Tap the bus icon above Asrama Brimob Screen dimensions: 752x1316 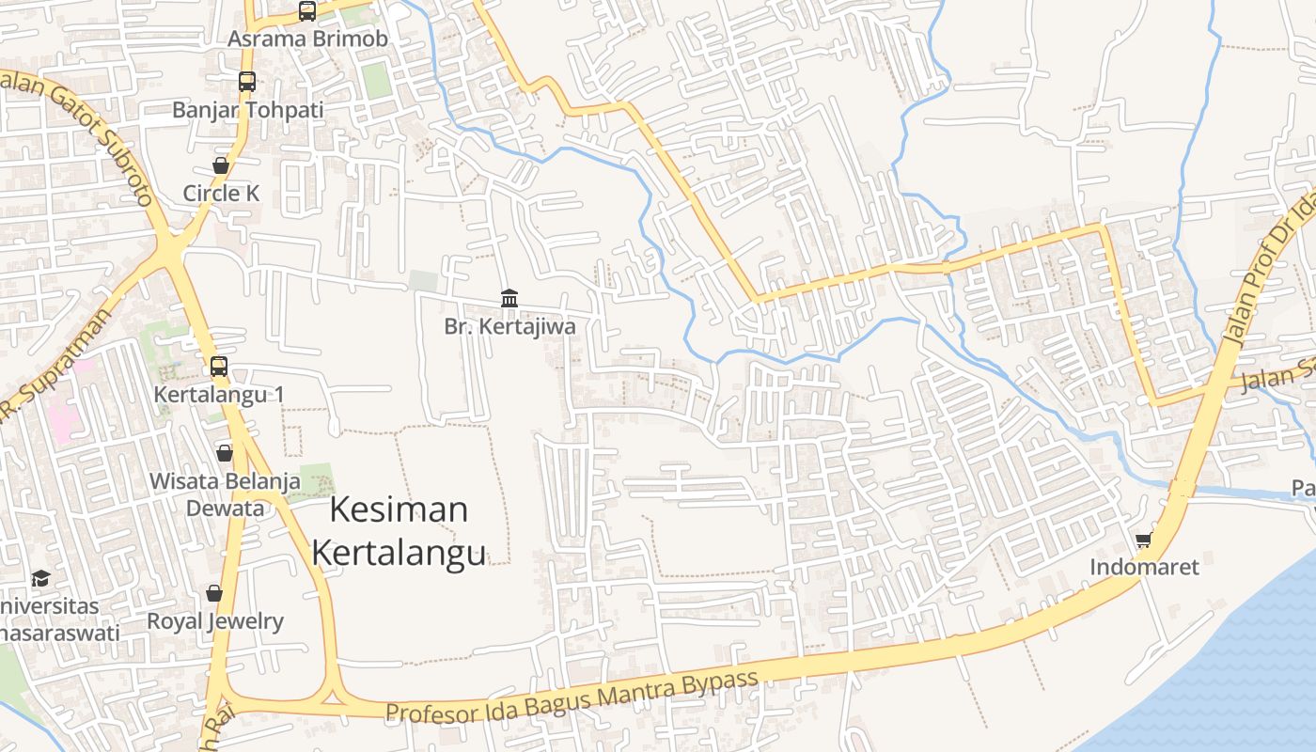pos(307,11)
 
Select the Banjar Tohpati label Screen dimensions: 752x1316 pos(247,110)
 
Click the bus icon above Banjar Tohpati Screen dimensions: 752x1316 pos(247,82)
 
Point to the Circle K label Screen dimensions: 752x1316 pos(221,194)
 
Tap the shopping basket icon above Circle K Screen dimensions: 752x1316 pos(221,165)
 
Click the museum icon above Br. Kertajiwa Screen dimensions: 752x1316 pos(509,299)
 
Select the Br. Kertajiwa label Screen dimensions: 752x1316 pos(509,327)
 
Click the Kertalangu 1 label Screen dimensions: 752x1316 pos(219,395)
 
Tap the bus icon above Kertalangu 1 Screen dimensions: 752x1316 pos(219,367)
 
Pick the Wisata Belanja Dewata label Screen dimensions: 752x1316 pos(226,494)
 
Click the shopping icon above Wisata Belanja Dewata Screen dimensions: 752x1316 pos(225,453)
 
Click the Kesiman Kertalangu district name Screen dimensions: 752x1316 pos(399,531)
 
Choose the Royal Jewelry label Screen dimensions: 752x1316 pos(214,621)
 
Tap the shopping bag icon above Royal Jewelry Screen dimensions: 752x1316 pos(214,593)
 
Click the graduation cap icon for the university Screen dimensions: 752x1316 pos(40,578)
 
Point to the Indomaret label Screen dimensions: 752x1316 pos(1144,568)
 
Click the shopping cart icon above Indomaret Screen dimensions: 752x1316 pos(1144,540)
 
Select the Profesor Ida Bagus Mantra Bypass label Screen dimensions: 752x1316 pos(572,697)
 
